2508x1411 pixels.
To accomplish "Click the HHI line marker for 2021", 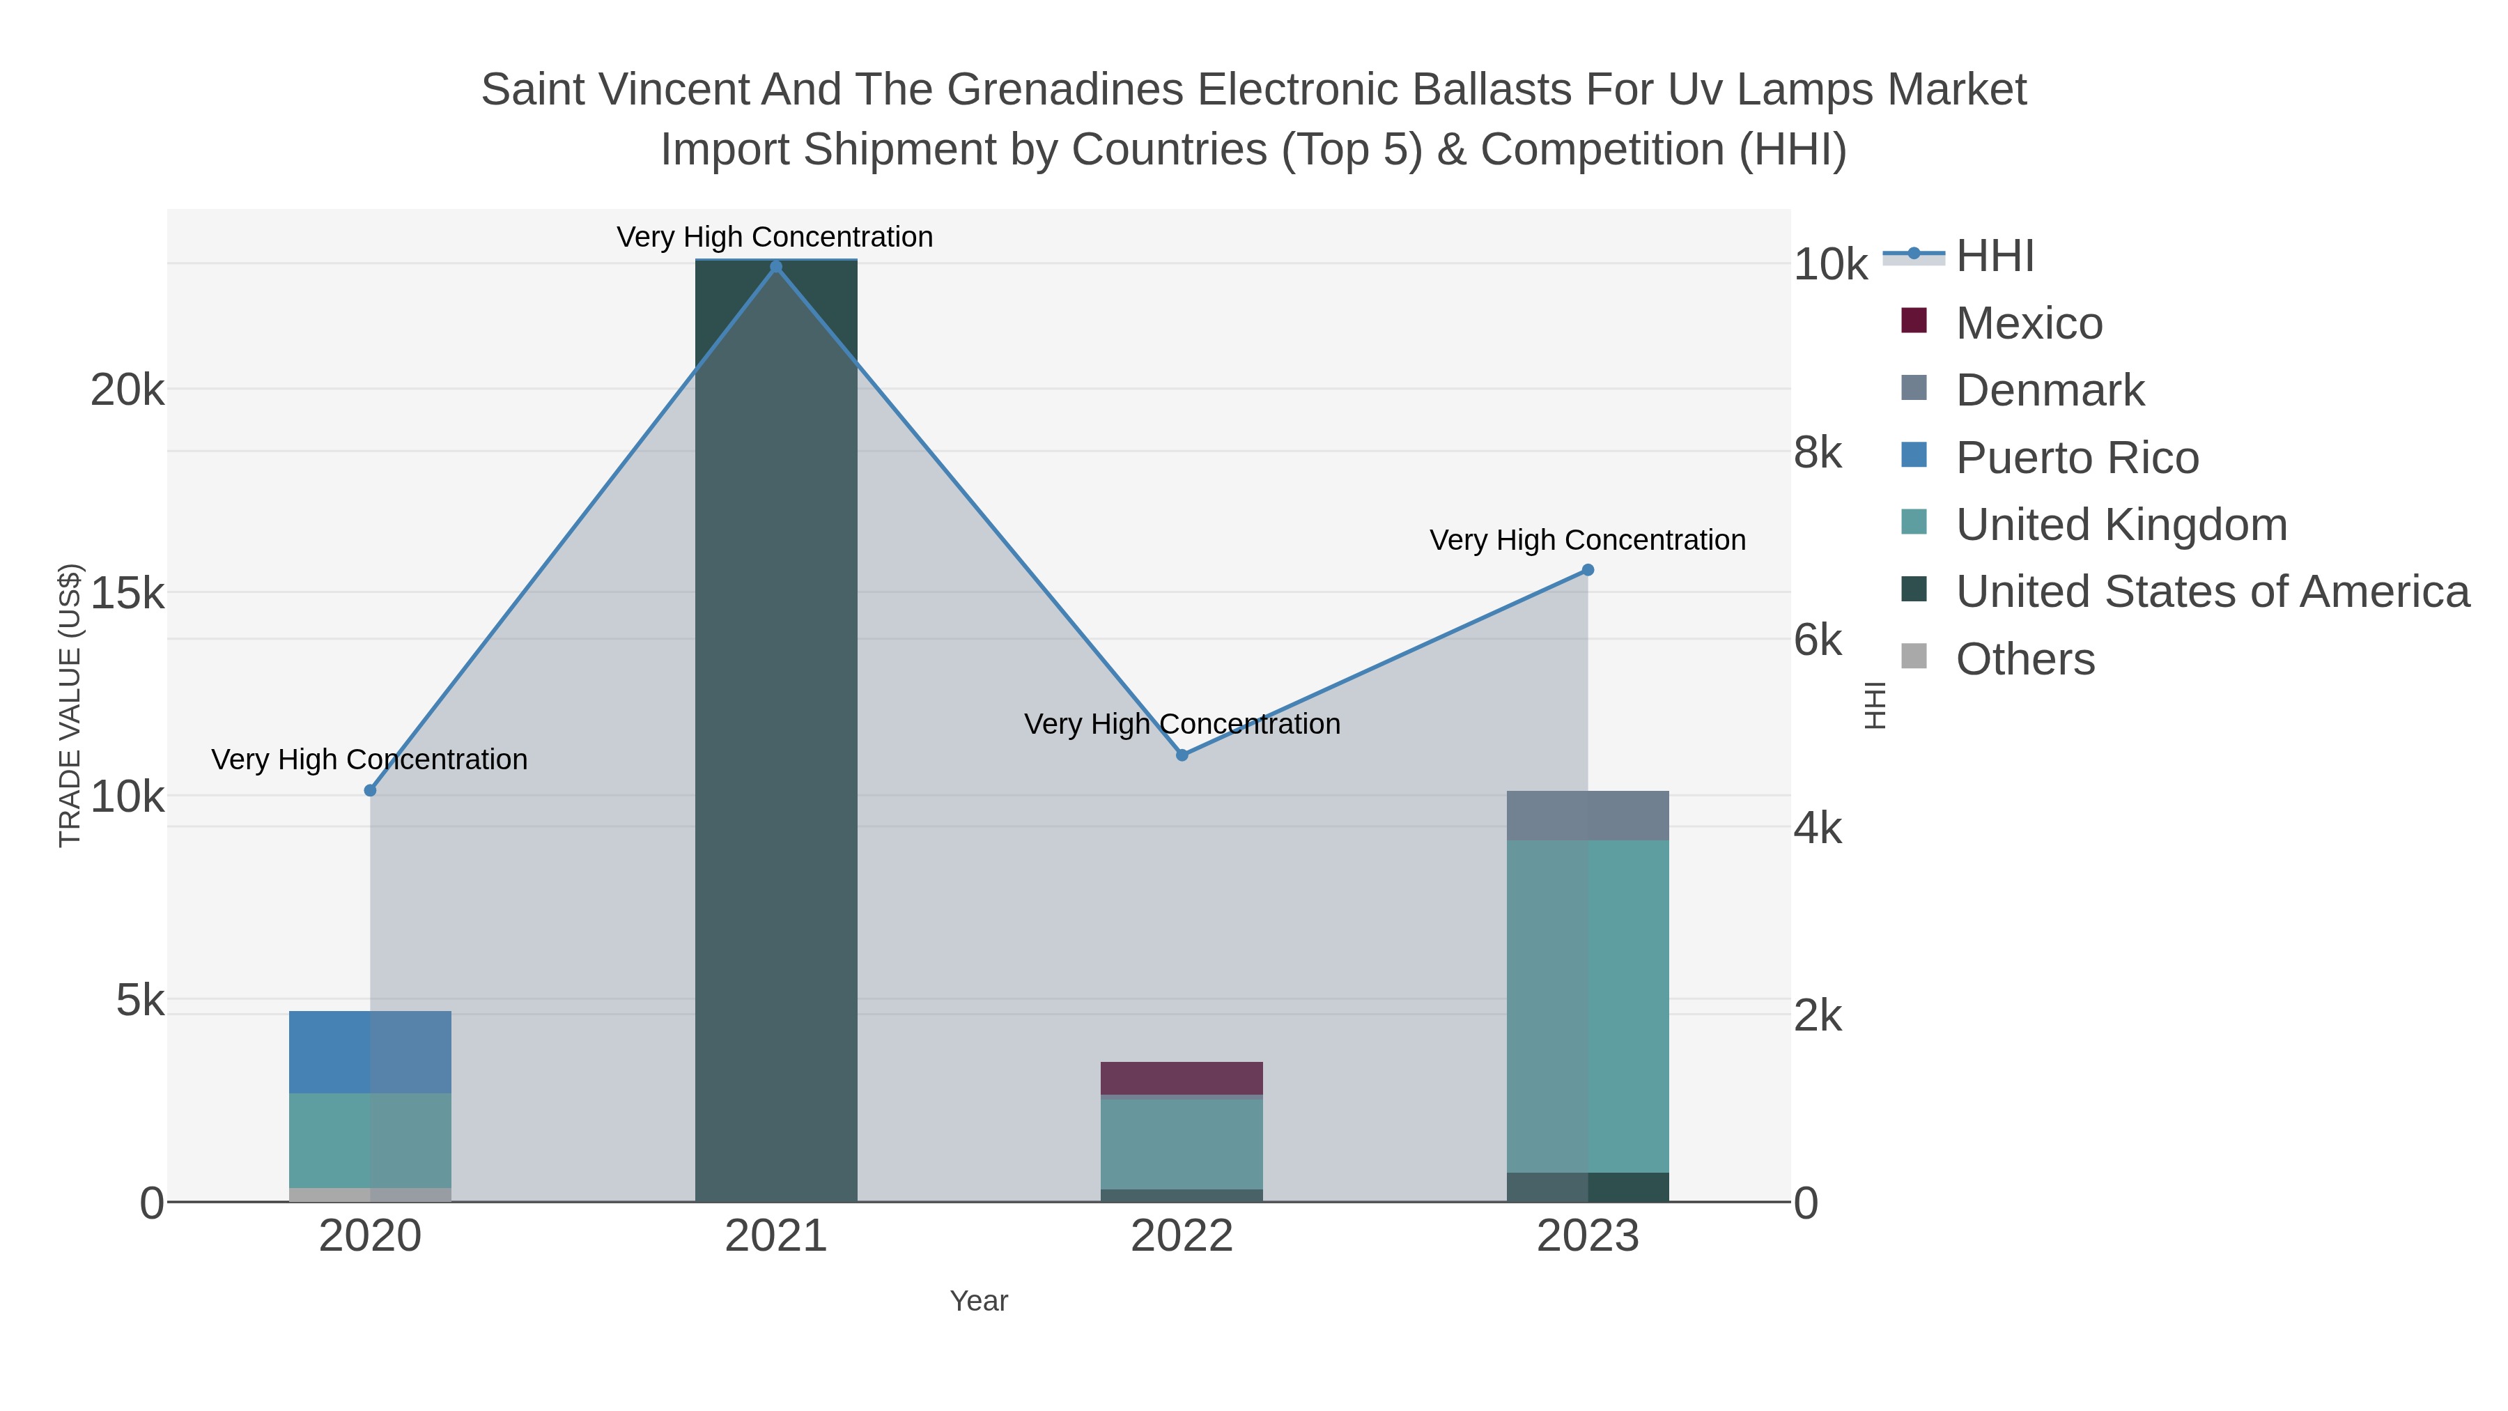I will click(776, 267).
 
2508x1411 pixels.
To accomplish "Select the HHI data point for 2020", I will click(370, 791).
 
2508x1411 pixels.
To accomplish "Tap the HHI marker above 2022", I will click(1182, 755).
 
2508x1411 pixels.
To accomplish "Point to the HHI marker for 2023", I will click(1588, 570).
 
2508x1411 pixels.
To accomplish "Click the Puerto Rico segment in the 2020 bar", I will click(370, 1051).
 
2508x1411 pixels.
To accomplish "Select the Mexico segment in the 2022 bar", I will click(1182, 1078).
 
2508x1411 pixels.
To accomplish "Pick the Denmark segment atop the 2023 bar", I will click(1588, 815).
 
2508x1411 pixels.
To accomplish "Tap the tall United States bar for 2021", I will click(776, 730).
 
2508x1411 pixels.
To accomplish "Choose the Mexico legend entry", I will click(2029, 323).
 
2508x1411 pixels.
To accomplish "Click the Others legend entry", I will click(2025, 659).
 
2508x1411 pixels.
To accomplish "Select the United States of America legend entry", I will click(2212, 592).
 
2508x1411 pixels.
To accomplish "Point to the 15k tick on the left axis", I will click(127, 593).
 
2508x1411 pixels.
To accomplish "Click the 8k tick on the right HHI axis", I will click(1818, 453).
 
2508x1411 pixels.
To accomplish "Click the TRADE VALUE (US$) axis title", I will click(70, 705).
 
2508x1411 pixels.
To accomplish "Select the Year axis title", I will click(979, 1301).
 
